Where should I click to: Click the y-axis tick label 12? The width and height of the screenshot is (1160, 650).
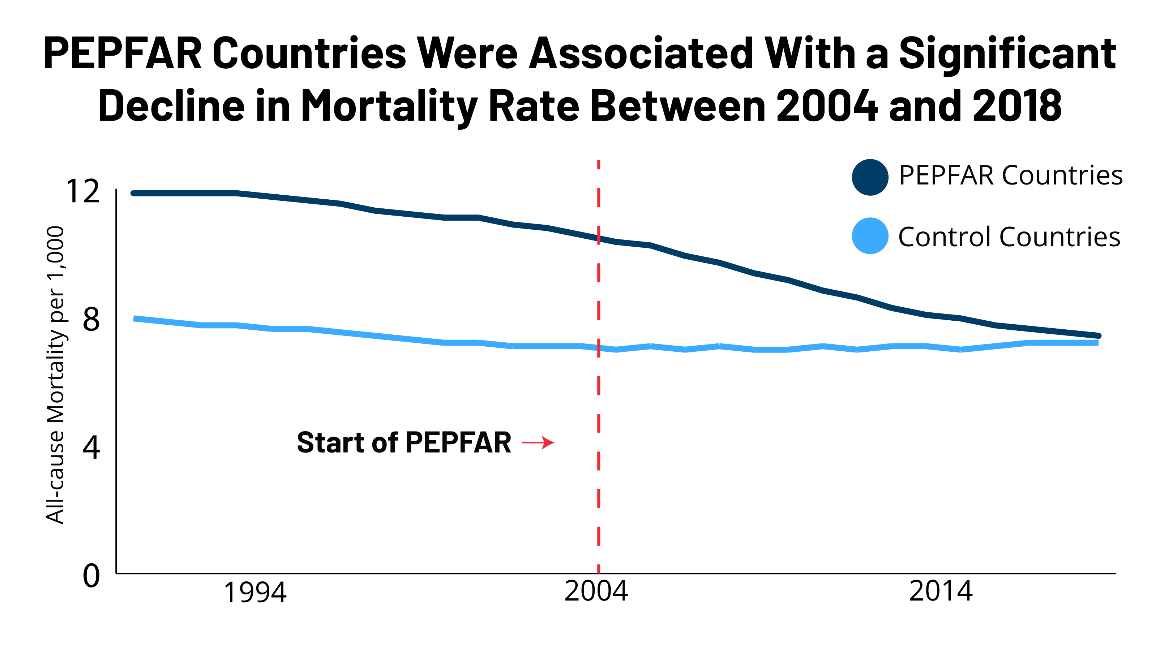pyautogui.click(x=83, y=192)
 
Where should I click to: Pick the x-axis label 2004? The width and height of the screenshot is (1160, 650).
pyautogui.click(x=596, y=591)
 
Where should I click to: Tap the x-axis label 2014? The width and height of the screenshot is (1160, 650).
pyautogui.click(x=940, y=591)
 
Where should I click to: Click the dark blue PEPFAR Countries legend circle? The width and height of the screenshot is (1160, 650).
pyautogui.click(x=870, y=177)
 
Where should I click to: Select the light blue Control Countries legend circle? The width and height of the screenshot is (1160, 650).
pyautogui.click(x=870, y=236)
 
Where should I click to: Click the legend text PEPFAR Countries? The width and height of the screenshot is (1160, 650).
pyautogui.click(x=1010, y=175)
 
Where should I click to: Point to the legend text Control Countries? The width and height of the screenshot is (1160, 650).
pyautogui.click(x=1009, y=237)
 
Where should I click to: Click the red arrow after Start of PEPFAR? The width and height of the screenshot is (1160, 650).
pyautogui.click(x=538, y=443)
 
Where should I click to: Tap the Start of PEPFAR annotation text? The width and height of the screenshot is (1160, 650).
pyautogui.click(x=404, y=443)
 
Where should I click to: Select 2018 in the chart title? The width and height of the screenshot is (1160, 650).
pyautogui.click(x=1017, y=107)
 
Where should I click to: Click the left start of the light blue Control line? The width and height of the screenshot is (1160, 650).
pyautogui.click(x=135, y=318)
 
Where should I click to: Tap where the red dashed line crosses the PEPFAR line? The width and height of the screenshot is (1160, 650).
pyautogui.click(x=599, y=238)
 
